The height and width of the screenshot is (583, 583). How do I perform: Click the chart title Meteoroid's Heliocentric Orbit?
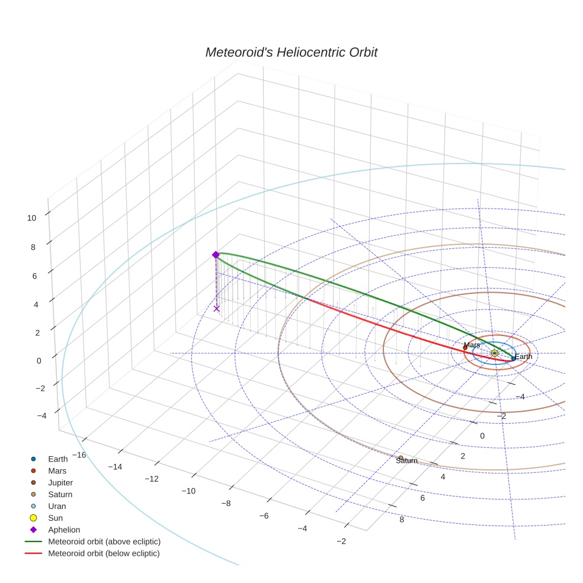pos(291,53)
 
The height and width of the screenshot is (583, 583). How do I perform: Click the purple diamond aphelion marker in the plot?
pos(216,255)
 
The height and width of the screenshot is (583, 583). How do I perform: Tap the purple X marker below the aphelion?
pos(217,308)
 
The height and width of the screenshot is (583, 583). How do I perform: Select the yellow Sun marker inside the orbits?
pos(495,353)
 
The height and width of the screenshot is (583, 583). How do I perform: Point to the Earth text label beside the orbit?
pos(523,357)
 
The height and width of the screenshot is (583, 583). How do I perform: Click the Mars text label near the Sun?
pos(472,345)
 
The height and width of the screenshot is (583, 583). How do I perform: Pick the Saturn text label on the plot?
pos(407,461)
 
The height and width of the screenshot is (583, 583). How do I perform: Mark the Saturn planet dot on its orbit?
pos(401,457)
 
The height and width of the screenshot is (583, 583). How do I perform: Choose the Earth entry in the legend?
pos(58,459)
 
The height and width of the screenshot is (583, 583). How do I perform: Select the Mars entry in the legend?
pos(57,470)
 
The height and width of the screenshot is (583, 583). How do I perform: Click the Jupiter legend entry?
pos(60,482)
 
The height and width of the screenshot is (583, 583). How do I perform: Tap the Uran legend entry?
pos(57,506)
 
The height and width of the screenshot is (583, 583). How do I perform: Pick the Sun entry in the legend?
pos(55,518)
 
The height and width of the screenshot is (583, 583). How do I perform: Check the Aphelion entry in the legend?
pos(64,530)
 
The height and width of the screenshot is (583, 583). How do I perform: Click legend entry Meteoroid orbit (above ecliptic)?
pos(104,542)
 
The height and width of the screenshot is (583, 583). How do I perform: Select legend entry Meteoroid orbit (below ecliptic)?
pos(104,553)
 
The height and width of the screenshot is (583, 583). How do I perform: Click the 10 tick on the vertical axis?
pos(31,218)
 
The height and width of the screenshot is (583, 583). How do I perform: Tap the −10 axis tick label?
pos(188,491)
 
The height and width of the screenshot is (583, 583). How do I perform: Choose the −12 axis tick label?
pos(152,479)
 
